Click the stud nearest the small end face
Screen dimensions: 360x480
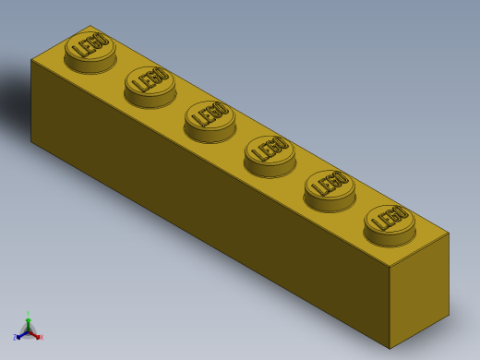(390, 224)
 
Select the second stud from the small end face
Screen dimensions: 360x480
(330, 189)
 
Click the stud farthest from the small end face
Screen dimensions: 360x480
(90, 52)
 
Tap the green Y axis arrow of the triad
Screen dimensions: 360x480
(28, 319)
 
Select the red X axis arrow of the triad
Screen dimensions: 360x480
(36, 335)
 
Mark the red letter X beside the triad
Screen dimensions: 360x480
(42, 337)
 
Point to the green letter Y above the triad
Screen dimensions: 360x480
(28, 313)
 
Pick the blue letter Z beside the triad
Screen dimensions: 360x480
(14, 338)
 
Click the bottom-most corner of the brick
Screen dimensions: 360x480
(390, 349)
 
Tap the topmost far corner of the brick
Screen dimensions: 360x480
(90, 26)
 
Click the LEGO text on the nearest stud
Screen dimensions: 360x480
(390, 218)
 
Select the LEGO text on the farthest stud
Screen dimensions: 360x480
(90, 45)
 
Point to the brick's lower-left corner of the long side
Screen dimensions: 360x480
(31, 141)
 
